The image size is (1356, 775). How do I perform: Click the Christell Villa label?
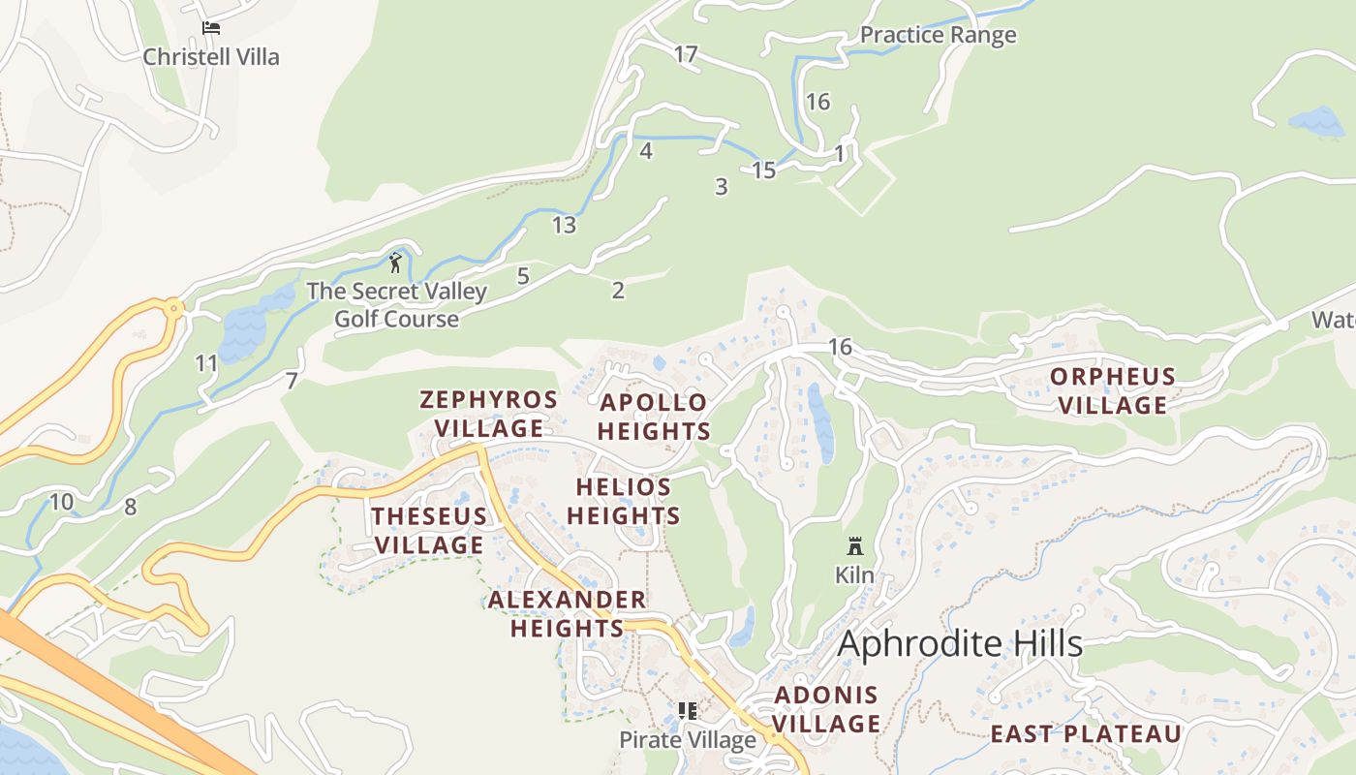point(211,57)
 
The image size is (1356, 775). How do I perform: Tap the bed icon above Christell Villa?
point(211,28)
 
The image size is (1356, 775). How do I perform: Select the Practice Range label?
point(938,36)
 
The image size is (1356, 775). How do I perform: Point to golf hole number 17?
point(686,55)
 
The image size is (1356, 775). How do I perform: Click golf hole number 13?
point(564,226)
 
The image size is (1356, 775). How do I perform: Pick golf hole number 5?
point(523,277)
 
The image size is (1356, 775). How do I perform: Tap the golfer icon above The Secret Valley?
point(395,262)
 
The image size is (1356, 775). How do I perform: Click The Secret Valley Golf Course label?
point(396,305)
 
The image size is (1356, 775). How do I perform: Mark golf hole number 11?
point(206,364)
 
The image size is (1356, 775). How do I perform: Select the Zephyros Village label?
point(488,414)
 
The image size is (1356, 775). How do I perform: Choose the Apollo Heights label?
point(654,418)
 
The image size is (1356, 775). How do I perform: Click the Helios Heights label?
point(624,502)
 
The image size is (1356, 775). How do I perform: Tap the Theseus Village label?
point(429,531)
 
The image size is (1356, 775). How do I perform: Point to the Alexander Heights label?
point(567,614)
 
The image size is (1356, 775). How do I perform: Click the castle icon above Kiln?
point(854,546)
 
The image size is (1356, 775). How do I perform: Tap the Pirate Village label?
point(688,740)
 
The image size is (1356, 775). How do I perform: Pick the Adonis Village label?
point(826,709)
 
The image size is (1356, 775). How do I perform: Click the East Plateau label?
point(1086,734)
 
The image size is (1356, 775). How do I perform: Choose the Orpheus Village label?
point(1113,390)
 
